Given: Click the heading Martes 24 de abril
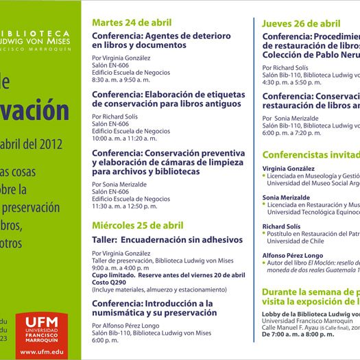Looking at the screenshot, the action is pos(132,23).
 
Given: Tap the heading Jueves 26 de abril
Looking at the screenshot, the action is pos(301,23).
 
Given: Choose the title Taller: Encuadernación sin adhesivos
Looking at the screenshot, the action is pos(167,240).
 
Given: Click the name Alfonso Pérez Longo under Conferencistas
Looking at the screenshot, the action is pos(293,255).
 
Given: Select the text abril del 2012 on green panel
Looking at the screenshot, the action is pos(42,144).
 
